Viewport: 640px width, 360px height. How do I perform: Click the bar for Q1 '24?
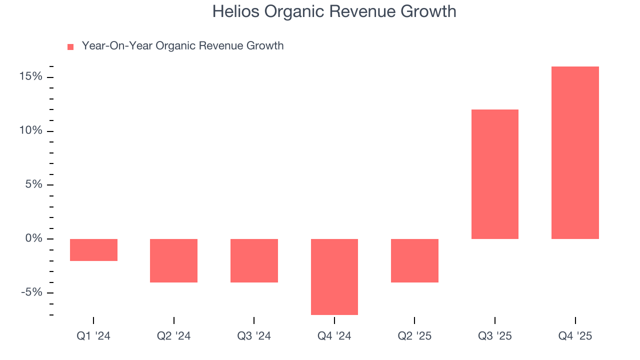93,249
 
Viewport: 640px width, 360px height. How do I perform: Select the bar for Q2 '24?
173,260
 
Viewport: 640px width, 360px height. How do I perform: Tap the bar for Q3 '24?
254,260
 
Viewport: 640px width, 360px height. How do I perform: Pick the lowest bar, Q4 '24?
334,276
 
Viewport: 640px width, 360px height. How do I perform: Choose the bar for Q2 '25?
414,260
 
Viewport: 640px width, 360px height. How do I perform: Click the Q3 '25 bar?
495,174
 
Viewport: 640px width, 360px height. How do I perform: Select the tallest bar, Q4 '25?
575,152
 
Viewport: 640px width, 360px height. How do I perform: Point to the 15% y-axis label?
31,77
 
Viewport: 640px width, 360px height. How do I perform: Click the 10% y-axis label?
31,131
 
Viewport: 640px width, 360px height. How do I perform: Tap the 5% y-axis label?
33,184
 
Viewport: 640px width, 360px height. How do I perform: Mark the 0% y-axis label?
33,238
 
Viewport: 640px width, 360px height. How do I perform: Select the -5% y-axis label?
31,292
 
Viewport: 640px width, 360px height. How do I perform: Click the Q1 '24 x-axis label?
93,336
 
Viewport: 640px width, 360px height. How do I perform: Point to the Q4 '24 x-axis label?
334,336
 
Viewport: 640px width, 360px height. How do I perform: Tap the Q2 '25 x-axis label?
414,336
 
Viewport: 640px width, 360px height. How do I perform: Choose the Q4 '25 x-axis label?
575,336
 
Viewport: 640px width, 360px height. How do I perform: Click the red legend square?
70,47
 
